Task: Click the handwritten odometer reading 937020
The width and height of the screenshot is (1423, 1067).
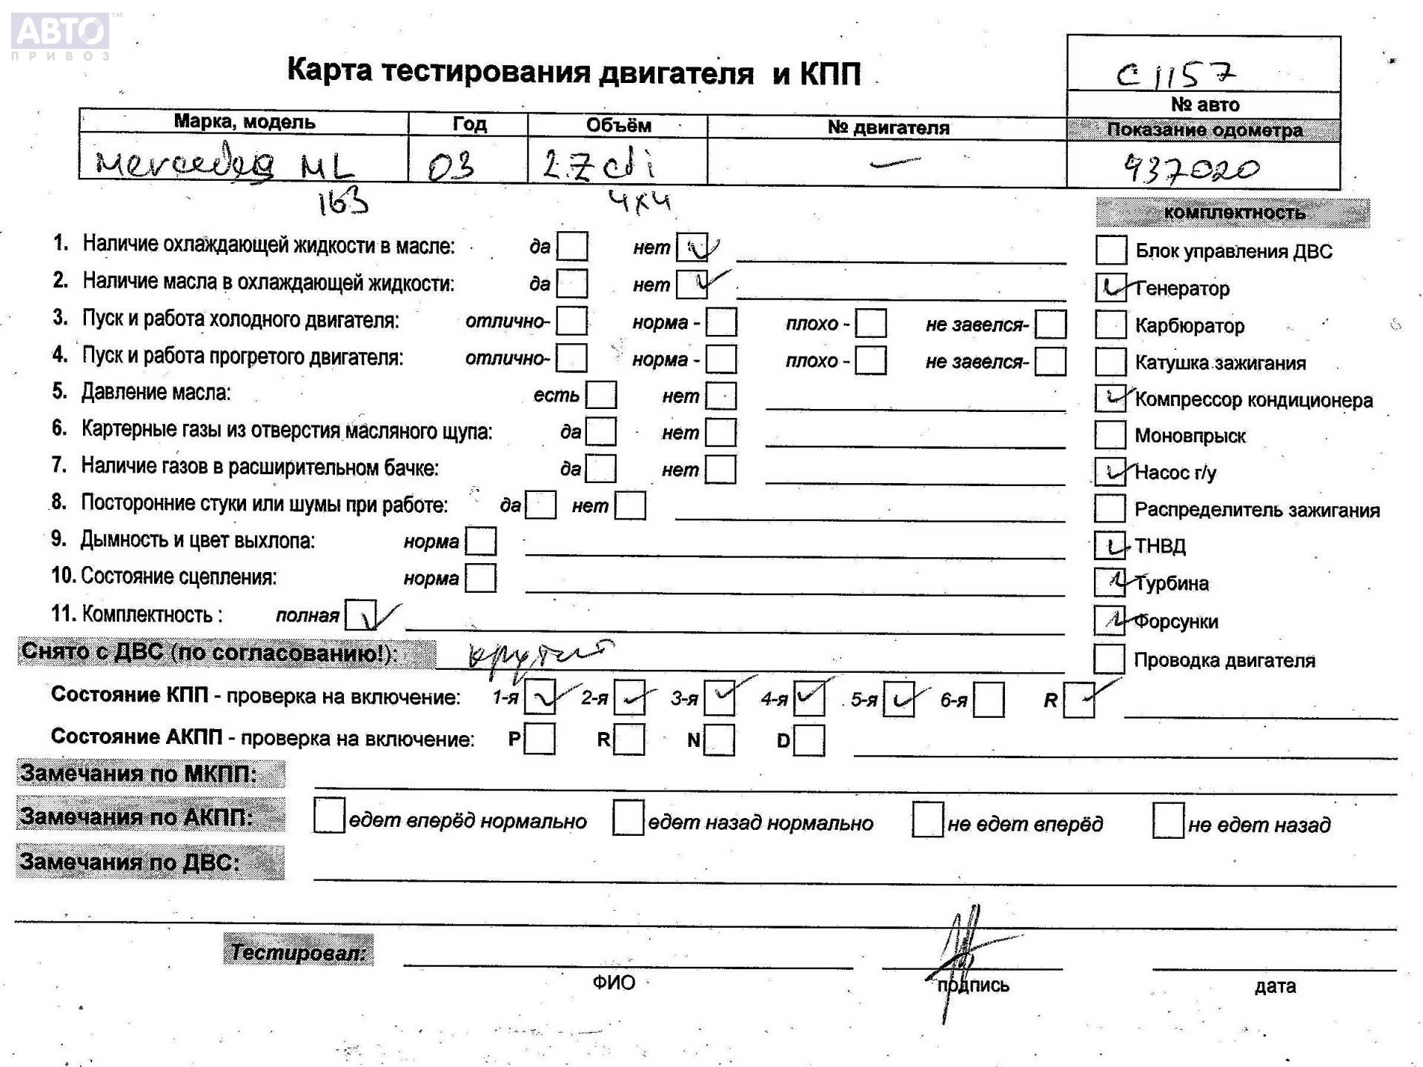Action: click(1192, 170)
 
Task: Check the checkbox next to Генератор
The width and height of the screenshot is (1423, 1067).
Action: click(1110, 287)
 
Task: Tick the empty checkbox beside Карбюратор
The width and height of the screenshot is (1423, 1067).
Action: click(1110, 325)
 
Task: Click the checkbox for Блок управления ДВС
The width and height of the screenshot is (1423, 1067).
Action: click(1110, 250)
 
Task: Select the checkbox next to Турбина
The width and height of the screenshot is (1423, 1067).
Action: click(1109, 582)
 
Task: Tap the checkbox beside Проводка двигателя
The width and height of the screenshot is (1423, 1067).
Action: click(1109, 659)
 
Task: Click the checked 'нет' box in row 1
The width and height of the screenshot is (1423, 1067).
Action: click(692, 247)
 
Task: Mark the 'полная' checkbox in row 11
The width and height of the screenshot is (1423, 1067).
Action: click(361, 615)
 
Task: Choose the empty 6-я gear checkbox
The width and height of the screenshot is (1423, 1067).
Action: click(989, 699)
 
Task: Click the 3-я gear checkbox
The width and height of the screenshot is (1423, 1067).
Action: click(720, 698)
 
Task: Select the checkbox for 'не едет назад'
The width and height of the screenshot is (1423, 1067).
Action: click(1168, 822)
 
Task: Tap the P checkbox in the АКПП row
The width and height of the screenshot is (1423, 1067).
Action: click(540, 739)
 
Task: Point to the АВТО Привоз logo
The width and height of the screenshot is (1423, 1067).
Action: click(61, 36)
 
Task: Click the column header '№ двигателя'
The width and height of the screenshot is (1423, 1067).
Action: click(888, 127)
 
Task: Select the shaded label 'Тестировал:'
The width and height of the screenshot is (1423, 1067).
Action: click(298, 951)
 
